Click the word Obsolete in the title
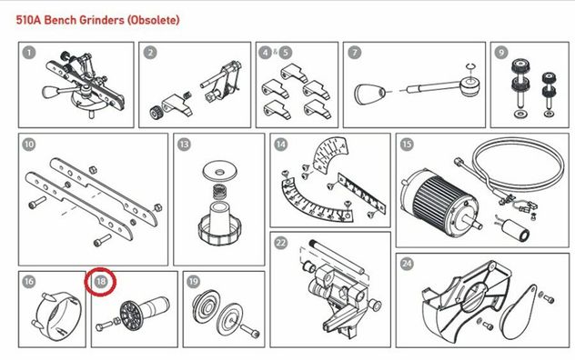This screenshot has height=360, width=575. (x=153, y=19)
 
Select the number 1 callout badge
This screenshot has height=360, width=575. (x=29, y=53)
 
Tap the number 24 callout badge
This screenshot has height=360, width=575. (x=407, y=264)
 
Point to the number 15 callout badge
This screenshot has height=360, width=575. (x=407, y=144)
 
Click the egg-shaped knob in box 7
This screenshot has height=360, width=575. (x=369, y=94)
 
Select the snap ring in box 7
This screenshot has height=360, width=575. (x=470, y=66)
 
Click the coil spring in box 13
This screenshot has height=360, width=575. (x=219, y=192)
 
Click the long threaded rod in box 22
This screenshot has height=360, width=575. (x=336, y=256)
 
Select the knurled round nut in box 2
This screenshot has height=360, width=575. (x=156, y=113)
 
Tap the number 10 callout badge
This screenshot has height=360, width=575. (x=29, y=144)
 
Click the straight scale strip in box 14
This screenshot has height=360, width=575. (x=361, y=194)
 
